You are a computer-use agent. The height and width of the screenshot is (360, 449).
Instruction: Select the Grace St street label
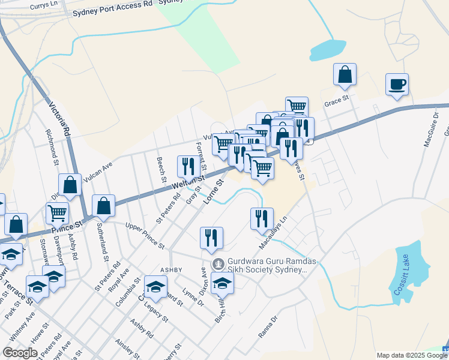point(337,103)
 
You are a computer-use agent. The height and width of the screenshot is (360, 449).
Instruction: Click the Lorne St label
point(213,191)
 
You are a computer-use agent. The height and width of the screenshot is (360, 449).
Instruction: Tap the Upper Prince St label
point(145,236)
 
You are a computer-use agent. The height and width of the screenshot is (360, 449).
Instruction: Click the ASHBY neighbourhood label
point(170,270)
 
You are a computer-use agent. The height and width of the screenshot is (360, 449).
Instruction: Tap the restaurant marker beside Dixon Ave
point(211,237)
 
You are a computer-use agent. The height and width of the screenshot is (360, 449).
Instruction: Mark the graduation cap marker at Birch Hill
point(222,283)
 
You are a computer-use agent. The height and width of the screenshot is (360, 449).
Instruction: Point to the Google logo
point(20,353)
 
